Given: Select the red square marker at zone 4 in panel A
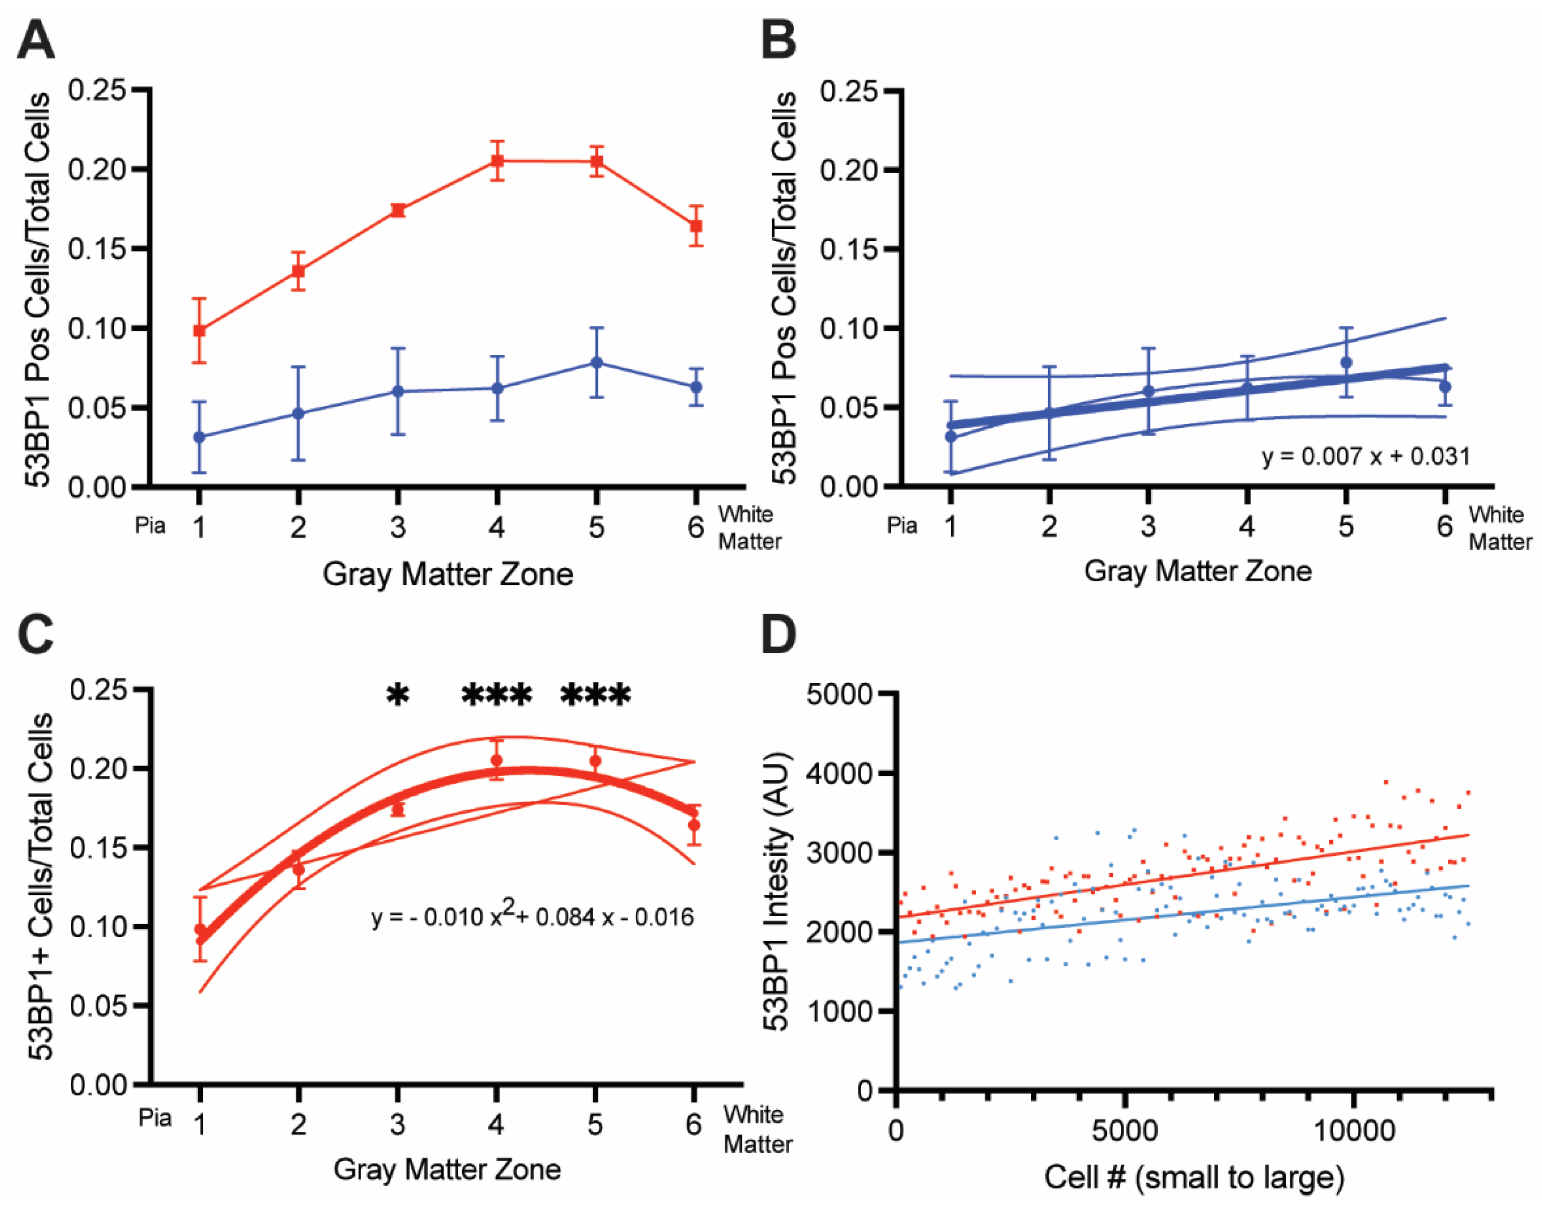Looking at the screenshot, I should coord(497,161).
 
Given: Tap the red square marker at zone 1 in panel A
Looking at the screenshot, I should coord(200,331).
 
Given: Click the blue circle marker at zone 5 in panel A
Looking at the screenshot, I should coord(596,363).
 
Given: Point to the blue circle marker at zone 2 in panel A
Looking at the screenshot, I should coord(298,413).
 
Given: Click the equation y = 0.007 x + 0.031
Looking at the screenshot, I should coord(1365,456).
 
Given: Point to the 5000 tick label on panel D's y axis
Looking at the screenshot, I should coord(841,694).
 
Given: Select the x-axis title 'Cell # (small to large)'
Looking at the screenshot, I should coord(1193,1177).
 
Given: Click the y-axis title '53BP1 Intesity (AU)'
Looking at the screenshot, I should coord(776,890).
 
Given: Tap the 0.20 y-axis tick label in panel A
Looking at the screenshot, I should coord(97,169).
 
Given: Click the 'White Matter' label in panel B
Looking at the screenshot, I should coord(1499,528).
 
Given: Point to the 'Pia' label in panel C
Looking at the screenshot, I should coord(155,1117).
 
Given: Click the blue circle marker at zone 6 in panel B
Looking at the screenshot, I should coord(1444,387).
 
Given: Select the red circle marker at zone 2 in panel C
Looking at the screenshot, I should coord(298,870).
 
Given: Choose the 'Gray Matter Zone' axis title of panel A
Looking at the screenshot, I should coord(447,574).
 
